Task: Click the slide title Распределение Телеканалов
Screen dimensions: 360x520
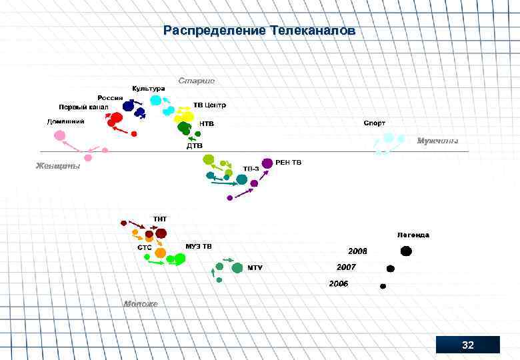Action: (x=260, y=31)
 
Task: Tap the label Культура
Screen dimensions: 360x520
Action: (x=148, y=89)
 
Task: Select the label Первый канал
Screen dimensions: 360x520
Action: (x=83, y=107)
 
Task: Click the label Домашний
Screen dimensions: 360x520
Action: (x=65, y=122)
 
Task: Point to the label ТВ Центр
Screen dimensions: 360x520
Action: (x=210, y=105)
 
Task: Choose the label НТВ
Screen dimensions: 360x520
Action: (x=207, y=123)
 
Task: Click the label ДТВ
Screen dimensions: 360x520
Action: (x=194, y=145)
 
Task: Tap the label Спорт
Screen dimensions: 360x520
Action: (x=374, y=123)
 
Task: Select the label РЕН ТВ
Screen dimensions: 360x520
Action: (x=288, y=162)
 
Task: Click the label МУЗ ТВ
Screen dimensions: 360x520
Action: (x=199, y=247)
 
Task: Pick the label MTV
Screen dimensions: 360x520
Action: (x=255, y=267)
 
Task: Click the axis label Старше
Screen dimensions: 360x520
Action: (x=197, y=81)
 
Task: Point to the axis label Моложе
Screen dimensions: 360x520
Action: (x=141, y=303)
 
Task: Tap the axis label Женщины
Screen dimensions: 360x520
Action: (x=58, y=166)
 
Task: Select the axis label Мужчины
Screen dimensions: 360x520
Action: (x=437, y=141)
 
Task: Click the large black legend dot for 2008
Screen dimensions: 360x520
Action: (x=405, y=251)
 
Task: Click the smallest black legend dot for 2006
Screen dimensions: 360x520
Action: (x=383, y=286)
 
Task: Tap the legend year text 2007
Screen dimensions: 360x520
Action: (x=346, y=267)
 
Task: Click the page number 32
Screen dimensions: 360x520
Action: (x=468, y=345)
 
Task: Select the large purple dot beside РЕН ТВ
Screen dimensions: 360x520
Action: (x=267, y=163)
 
